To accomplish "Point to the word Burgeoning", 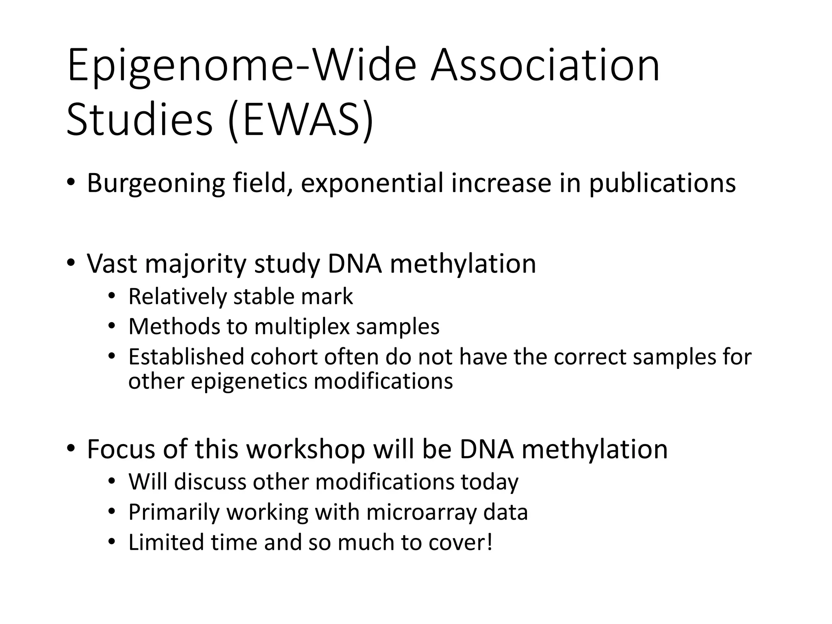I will (156, 184).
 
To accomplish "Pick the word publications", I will (662, 184).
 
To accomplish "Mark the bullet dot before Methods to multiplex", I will (112, 326).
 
